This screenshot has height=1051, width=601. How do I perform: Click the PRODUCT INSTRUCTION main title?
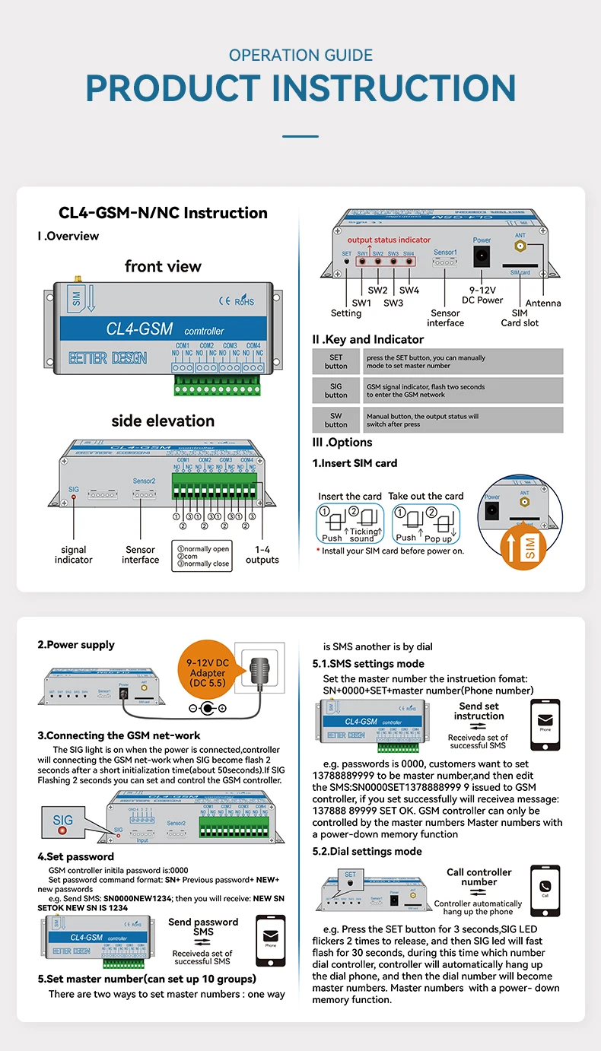point(300,88)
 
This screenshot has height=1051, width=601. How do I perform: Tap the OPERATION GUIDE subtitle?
point(300,55)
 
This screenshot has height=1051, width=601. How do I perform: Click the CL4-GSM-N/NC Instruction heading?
point(163,213)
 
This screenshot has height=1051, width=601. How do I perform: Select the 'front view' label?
point(163,266)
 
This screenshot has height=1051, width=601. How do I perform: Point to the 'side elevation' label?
point(163,421)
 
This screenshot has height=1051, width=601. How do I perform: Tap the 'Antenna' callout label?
point(543,303)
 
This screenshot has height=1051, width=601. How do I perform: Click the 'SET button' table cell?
point(335,361)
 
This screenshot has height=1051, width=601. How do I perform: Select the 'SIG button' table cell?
point(335,391)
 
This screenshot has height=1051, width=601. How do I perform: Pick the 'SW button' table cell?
point(335,421)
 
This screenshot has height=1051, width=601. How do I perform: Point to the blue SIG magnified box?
point(63,823)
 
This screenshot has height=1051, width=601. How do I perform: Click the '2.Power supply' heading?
point(76,645)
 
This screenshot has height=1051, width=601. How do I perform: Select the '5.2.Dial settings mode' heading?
point(367,851)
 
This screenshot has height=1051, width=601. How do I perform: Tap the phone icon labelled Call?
point(545,889)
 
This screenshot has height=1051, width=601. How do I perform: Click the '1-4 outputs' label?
point(262,554)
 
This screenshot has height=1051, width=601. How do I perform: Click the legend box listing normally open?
point(202,556)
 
